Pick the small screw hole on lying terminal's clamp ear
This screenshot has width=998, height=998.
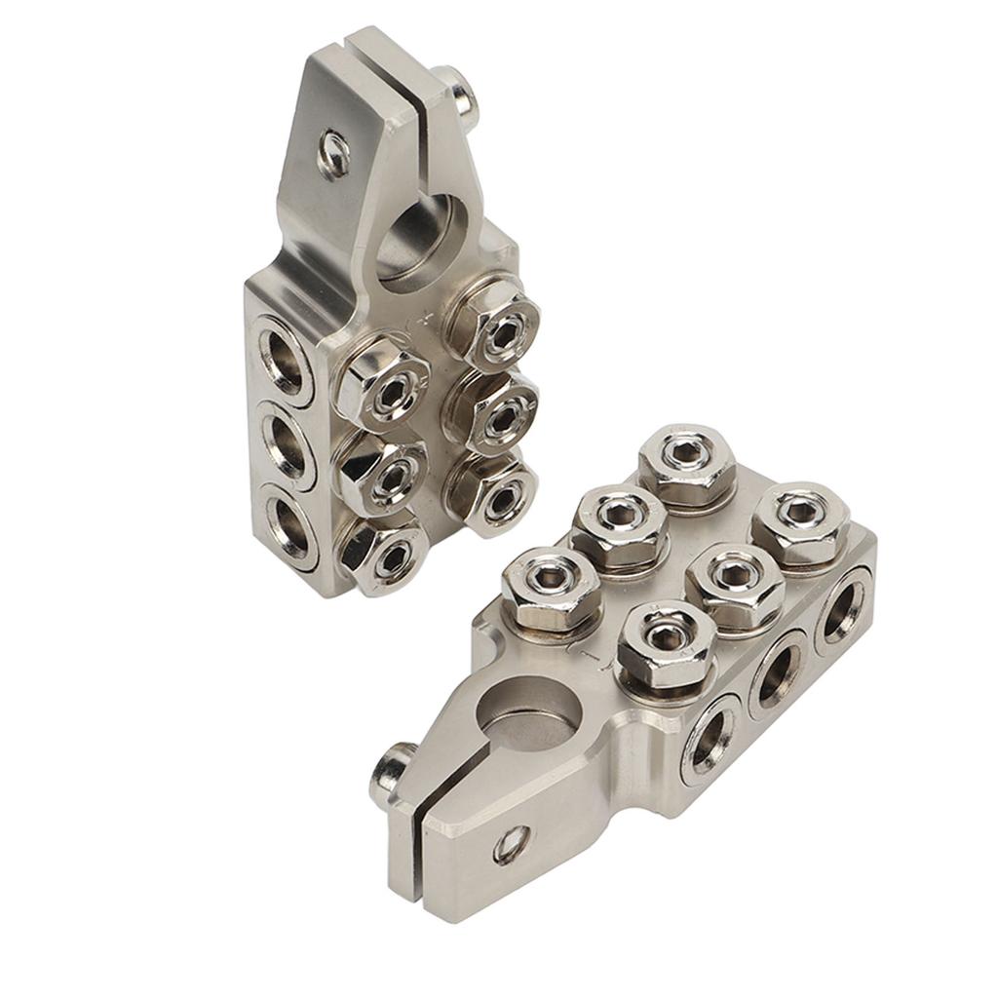coord(510,843)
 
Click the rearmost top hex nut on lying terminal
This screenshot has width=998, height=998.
coord(687,464)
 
